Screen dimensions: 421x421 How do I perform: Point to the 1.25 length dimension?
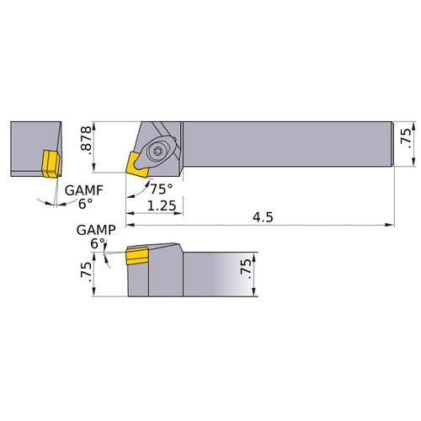(x=161, y=205)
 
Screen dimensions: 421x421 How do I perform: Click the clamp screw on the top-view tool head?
(x=159, y=151)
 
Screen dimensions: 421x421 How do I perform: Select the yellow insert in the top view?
(x=134, y=163)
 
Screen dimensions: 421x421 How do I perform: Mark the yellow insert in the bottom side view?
(x=136, y=254)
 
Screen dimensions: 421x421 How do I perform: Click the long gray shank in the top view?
(x=286, y=144)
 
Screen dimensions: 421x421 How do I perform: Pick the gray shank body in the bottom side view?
(x=219, y=271)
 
